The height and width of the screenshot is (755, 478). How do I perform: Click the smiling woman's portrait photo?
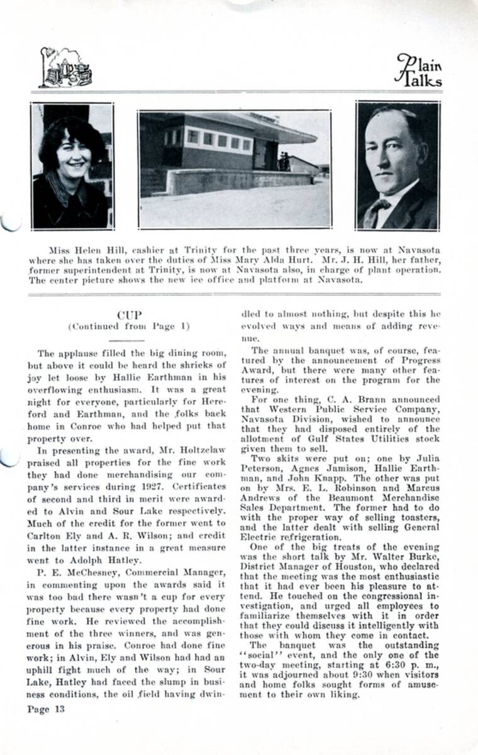pyautogui.click(x=72, y=165)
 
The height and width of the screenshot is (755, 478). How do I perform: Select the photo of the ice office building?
pyautogui.click(x=235, y=169)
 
